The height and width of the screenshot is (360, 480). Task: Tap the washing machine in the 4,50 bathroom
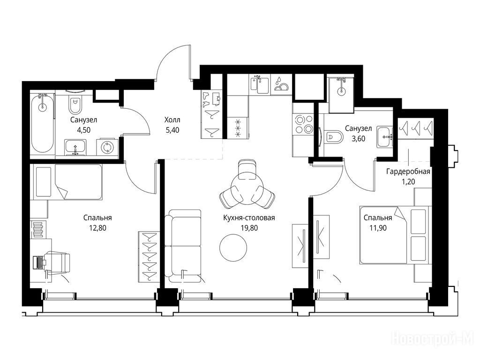tap(107, 147)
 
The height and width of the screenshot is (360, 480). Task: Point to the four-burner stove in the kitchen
tap(303, 124)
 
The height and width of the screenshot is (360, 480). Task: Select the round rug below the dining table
tap(233, 248)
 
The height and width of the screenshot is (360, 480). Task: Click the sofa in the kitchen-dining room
tap(183, 247)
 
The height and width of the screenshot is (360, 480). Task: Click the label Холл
tap(172, 120)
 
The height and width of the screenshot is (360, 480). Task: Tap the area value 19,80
tap(249, 228)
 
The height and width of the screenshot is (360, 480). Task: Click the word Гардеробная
tap(408, 172)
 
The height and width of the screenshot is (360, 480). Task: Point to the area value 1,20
tap(408, 181)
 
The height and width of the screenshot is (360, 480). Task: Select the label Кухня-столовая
tap(249, 217)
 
